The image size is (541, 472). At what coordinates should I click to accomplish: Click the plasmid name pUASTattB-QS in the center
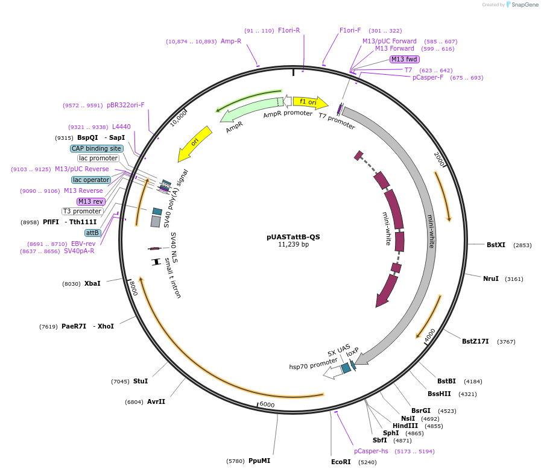click(x=293, y=237)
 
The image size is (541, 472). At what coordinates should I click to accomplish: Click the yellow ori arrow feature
click(x=194, y=143)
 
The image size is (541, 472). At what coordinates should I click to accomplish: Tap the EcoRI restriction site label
click(x=341, y=462)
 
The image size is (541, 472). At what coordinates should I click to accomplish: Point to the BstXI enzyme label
click(x=496, y=245)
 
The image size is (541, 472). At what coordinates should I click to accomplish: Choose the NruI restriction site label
click(x=490, y=278)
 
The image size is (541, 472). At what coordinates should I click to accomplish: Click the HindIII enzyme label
click(x=405, y=426)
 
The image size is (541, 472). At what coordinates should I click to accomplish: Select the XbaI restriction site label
click(x=92, y=283)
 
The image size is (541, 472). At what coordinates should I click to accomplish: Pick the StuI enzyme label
click(x=141, y=381)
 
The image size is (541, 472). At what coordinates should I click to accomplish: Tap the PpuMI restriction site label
click(x=259, y=461)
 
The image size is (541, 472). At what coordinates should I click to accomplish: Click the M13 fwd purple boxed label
click(x=404, y=59)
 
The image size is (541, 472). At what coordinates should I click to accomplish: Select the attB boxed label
click(x=92, y=233)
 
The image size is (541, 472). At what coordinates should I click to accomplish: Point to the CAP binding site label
click(x=96, y=148)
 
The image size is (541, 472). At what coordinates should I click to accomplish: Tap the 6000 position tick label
click(x=267, y=404)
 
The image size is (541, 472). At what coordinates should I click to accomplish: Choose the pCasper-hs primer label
click(x=371, y=451)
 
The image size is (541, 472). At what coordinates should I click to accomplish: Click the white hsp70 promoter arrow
click(x=332, y=372)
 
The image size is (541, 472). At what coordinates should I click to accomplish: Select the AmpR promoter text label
click(x=287, y=114)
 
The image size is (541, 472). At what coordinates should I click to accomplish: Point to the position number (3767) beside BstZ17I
click(x=506, y=342)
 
